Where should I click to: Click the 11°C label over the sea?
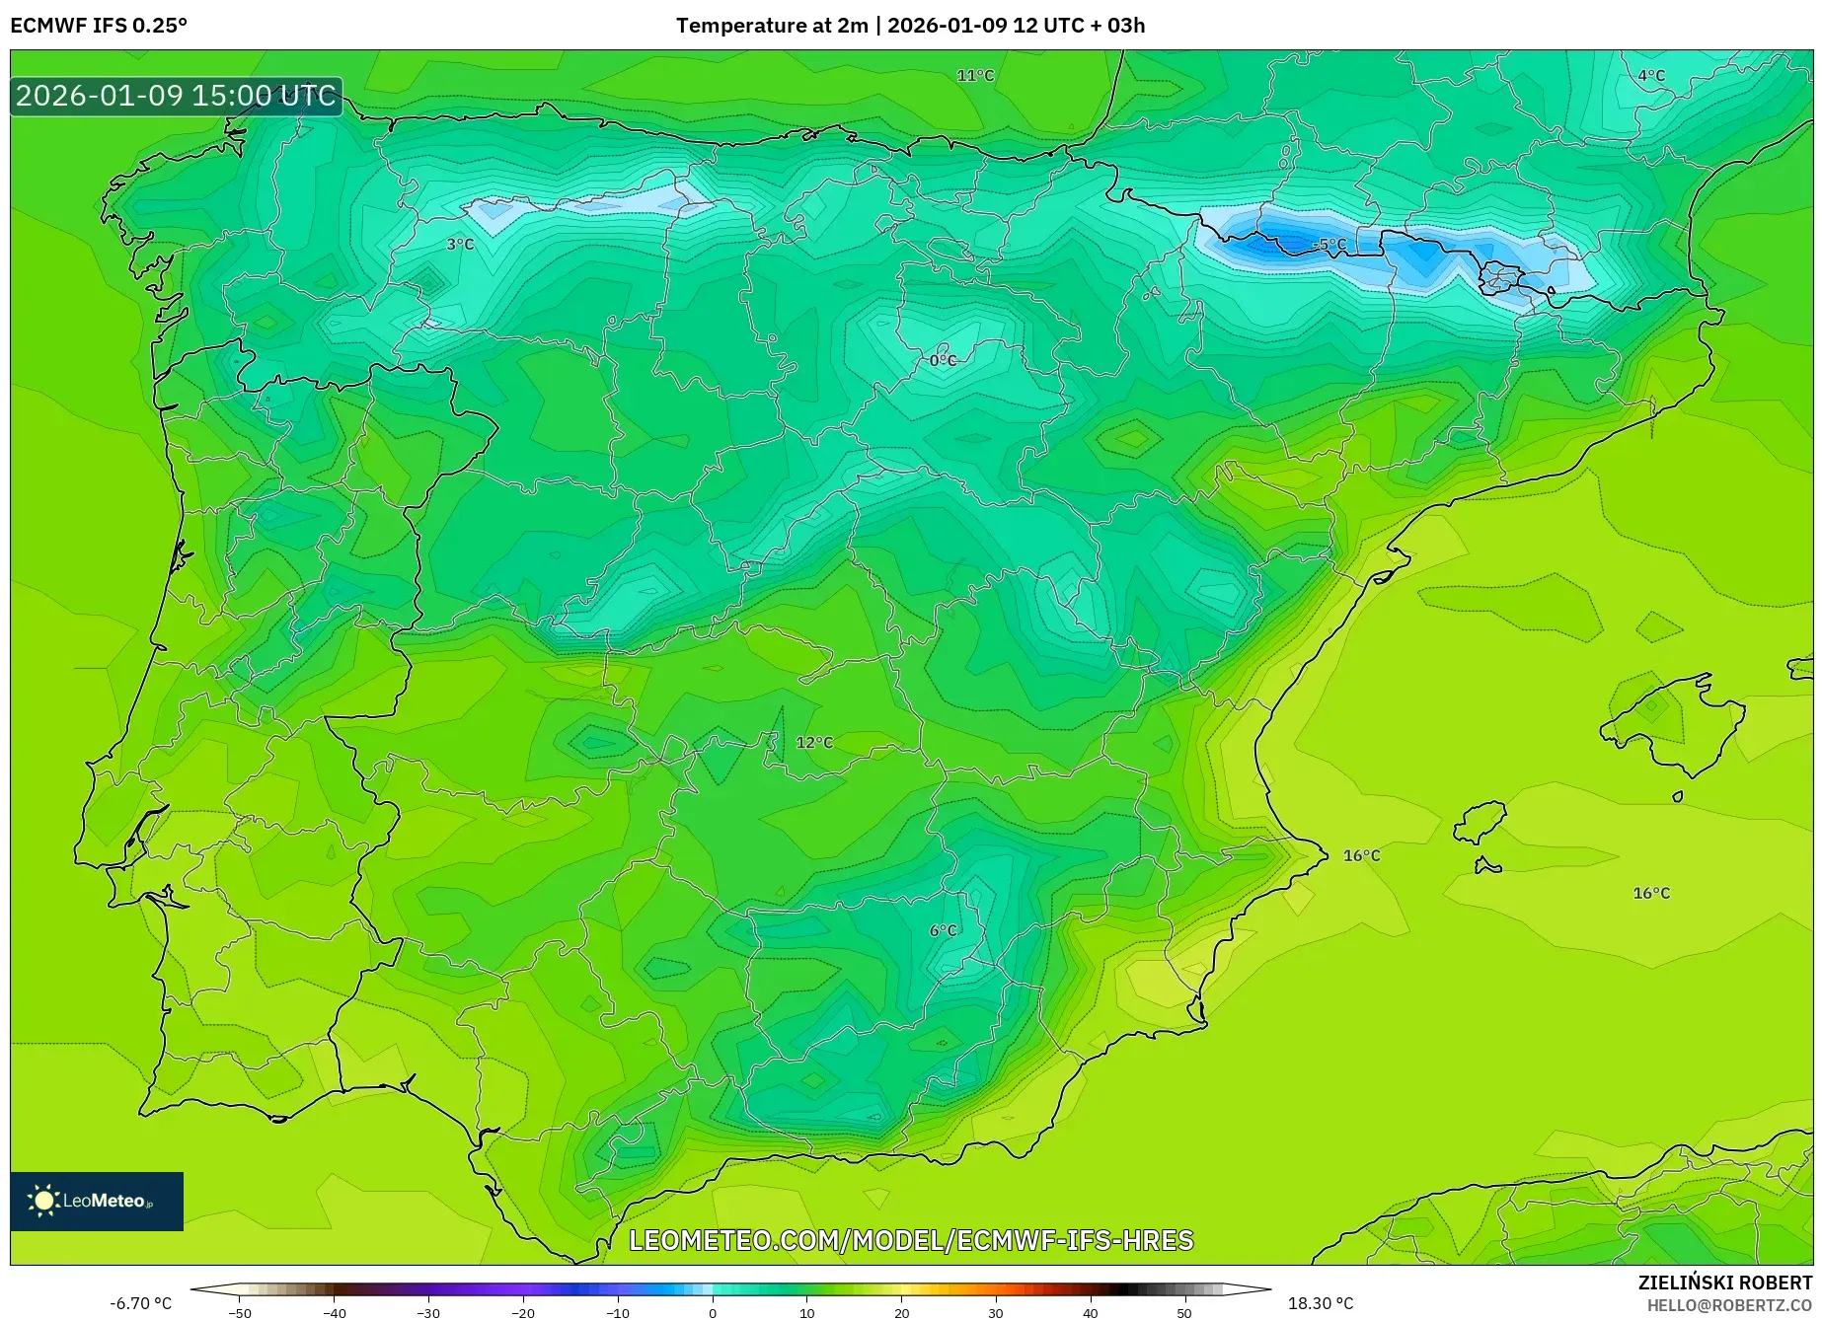click(975, 76)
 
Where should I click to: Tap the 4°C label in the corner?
click(1651, 76)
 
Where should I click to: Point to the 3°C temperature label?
click(460, 244)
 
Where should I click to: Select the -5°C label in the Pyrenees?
click(1329, 244)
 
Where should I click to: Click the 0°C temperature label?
click(943, 360)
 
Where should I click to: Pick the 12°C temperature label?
click(814, 742)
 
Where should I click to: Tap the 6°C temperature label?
click(943, 930)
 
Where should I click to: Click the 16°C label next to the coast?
click(1361, 855)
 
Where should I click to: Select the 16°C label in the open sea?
click(1651, 893)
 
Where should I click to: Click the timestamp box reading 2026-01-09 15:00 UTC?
click(176, 96)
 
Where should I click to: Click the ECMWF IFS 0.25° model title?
click(99, 26)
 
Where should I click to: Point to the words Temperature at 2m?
click(772, 26)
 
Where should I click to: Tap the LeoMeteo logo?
click(97, 1201)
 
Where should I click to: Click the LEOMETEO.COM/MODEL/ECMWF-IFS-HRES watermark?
click(911, 1240)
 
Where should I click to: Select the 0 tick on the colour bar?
click(713, 1312)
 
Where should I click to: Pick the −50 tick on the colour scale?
click(240, 1312)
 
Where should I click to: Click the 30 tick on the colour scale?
click(995, 1312)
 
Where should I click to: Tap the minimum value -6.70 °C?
click(140, 1303)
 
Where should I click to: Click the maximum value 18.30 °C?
click(1321, 1303)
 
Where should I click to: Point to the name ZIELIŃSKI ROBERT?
click(1724, 1283)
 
